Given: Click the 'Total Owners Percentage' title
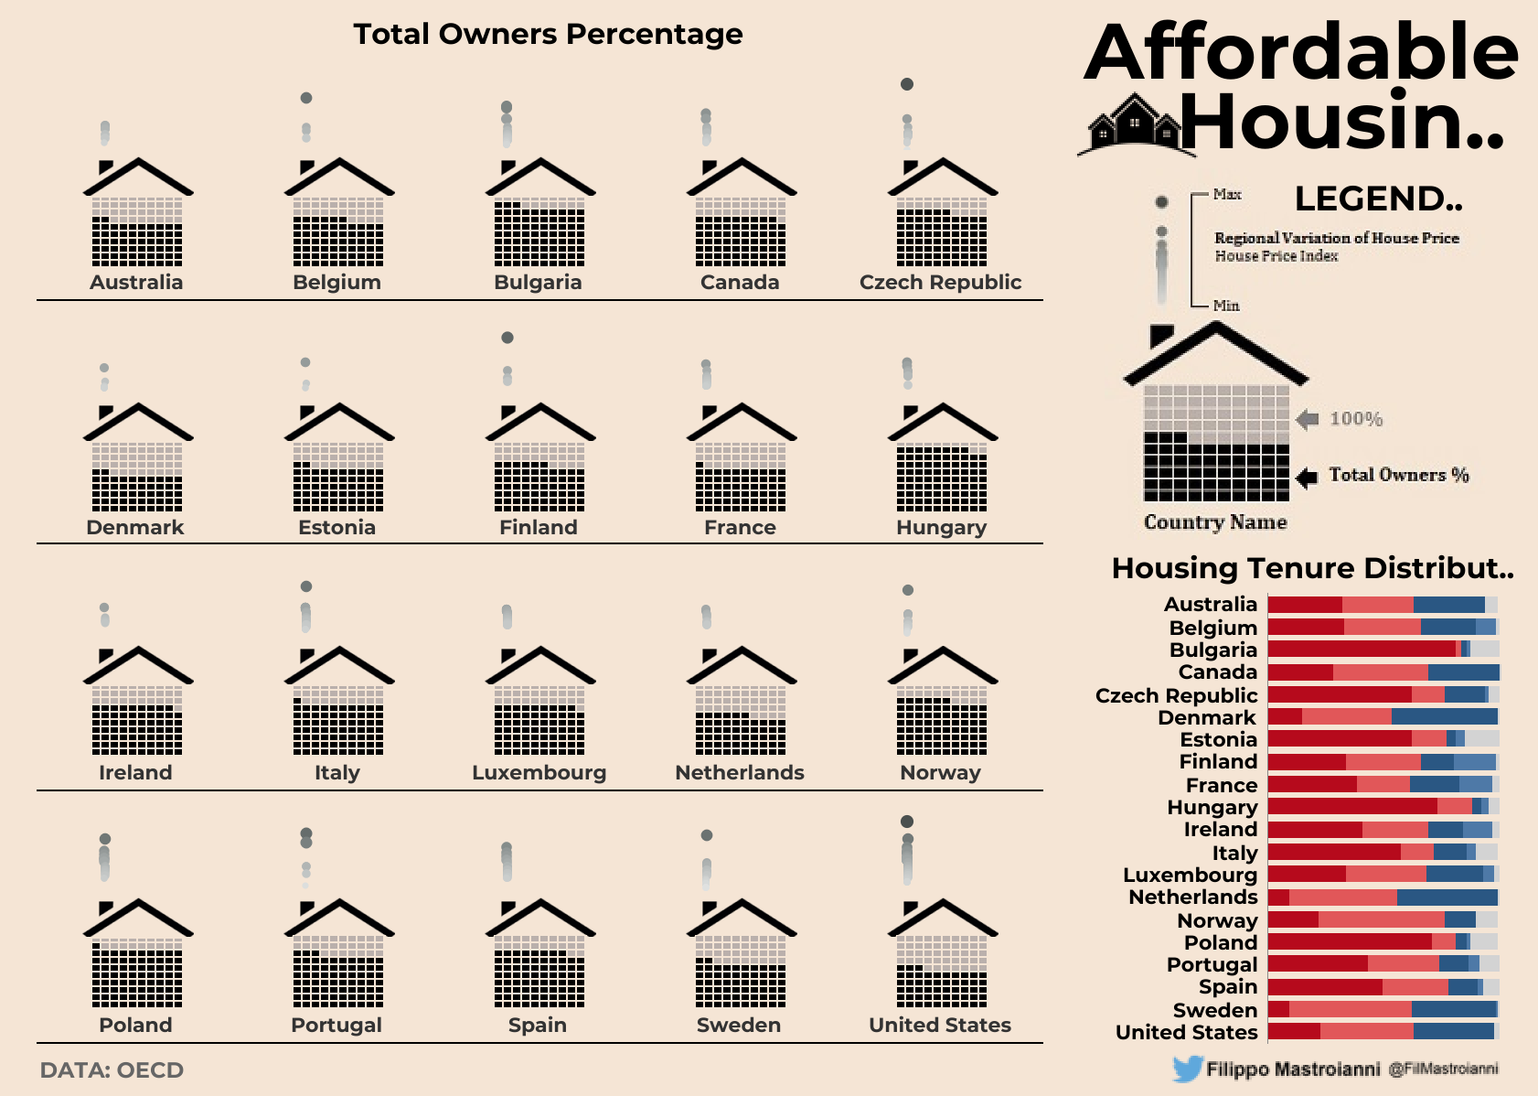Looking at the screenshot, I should click(x=548, y=35).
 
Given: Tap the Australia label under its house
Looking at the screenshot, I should click(x=136, y=283).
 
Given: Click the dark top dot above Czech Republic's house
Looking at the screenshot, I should click(x=907, y=84).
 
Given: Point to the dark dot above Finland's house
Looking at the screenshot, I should click(x=507, y=338).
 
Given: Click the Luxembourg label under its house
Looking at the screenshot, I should click(x=539, y=773).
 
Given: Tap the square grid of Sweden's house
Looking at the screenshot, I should click(x=741, y=972).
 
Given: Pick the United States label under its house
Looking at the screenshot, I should click(x=940, y=1026).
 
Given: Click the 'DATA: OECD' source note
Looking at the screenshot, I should click(x=112, y=1070).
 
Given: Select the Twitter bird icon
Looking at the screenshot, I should click(x=1188, y=1069).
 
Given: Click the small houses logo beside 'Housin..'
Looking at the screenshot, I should click(x=1135, y=124).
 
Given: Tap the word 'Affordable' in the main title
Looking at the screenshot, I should click(x=1301, y=52).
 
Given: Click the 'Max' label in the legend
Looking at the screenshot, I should click(x=1227, y=194).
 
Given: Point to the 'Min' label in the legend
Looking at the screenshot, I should click(x=1226, y=306).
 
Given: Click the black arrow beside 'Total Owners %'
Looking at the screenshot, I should click(x=1308, y=477).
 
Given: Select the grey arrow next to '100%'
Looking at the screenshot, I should click(x=1308, y=419).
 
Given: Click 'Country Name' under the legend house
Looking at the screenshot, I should click(x=1215, y=522).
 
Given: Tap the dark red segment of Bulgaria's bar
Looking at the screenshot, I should click(x=1362, y=649).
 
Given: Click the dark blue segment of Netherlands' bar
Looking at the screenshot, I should click(x=1447, y=897).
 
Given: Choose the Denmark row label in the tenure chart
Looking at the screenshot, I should click(x=1207, y=718).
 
